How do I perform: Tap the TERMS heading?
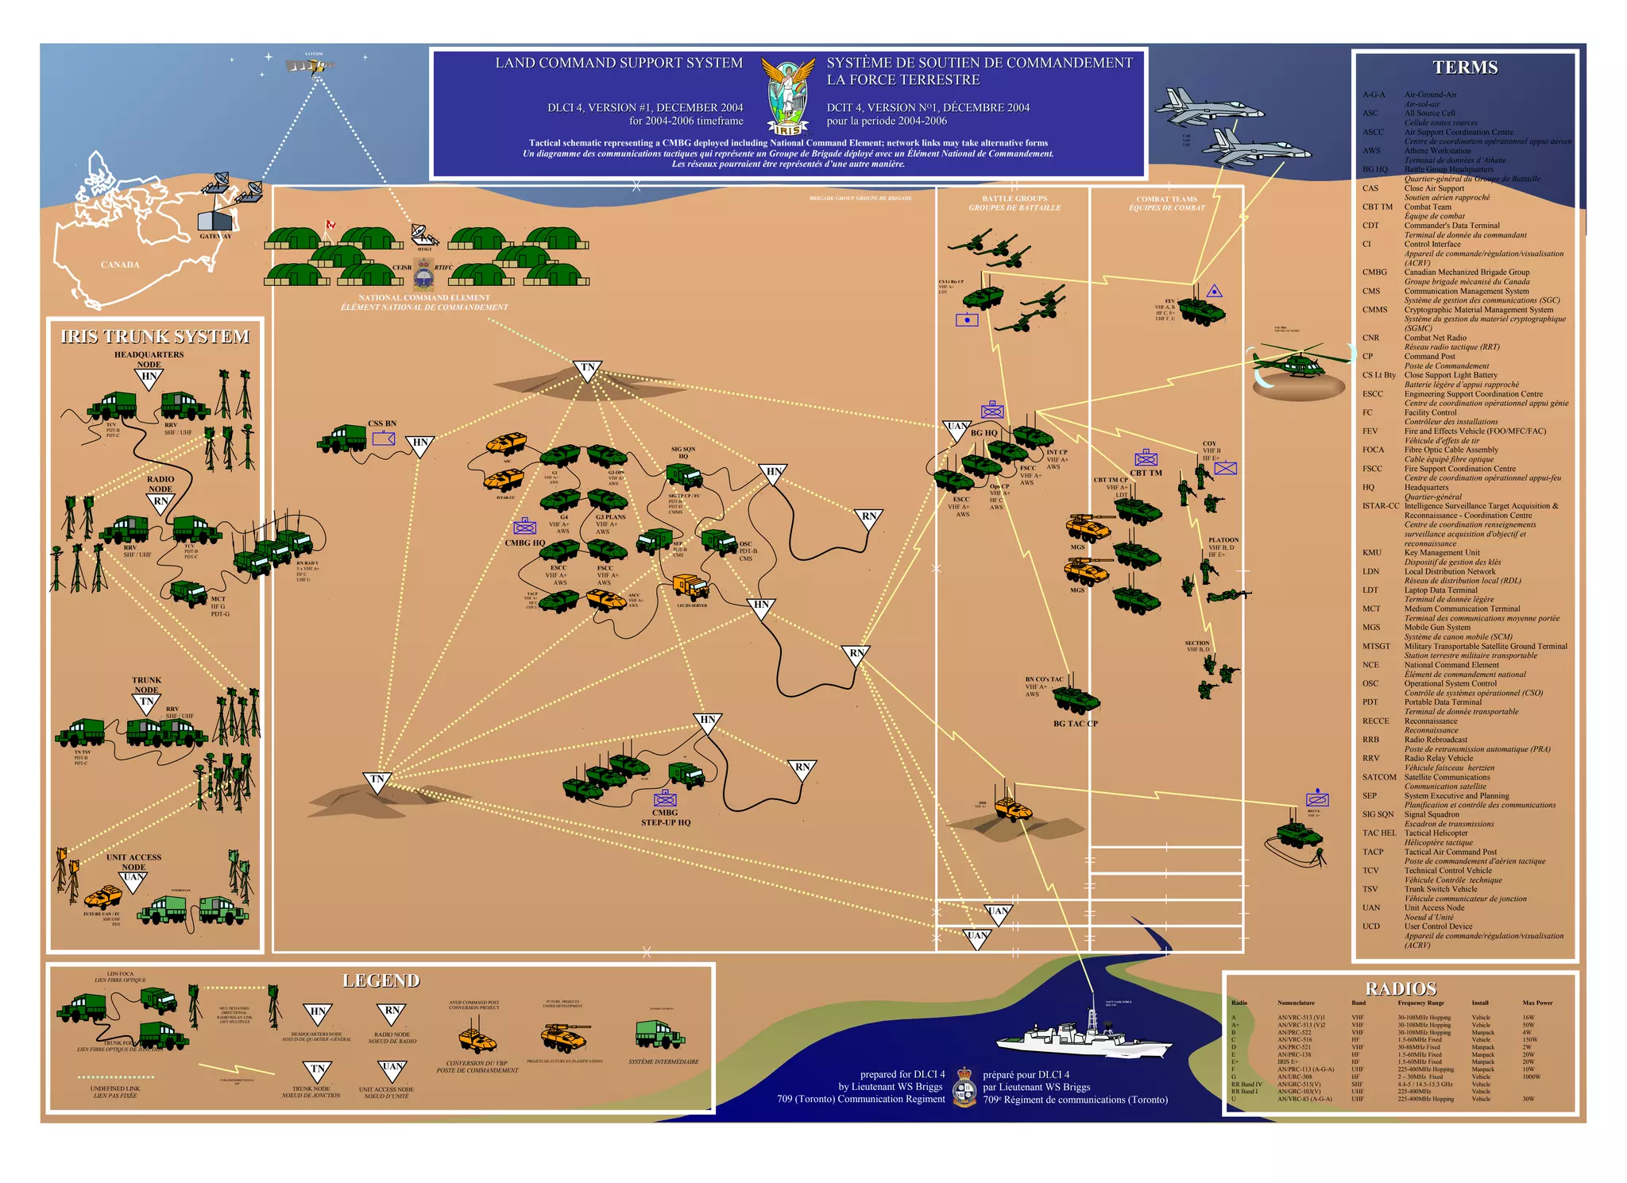(x=1465, y=68)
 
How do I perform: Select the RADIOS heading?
(x=1401, y=988)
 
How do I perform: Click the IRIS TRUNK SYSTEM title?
(x=155, y=337)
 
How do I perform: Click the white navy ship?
(x=1084, y=1037)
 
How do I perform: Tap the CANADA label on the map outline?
(x=120, y=265)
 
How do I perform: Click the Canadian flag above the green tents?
(x=330, y=226)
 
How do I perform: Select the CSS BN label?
(x=382, y=423)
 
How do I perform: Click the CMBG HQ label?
(x=525, y=543)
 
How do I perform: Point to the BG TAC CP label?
(x=1075, y=724)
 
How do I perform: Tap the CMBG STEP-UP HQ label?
(x=666, y=818)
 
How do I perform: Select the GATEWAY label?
(x=215, y=236)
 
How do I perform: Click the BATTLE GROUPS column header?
(x=1014, y=203)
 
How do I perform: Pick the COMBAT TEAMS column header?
(x=1166, y=203)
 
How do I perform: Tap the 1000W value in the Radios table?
(x=1531, y=1077)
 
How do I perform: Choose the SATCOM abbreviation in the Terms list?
(x=1379, y=777)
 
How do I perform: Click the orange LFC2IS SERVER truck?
(x=690, y=586)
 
